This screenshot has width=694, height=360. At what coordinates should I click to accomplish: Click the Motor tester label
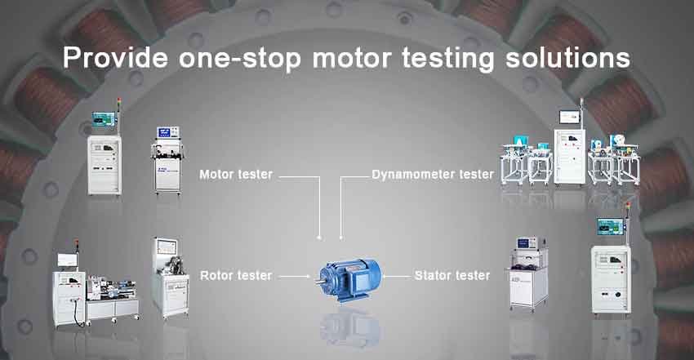click(x=236, y=174)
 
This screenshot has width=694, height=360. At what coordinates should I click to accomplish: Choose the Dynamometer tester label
click(x=432, y=174)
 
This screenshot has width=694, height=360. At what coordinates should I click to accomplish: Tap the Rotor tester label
click(x=236, y=276)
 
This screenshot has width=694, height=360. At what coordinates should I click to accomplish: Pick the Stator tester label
click(x=452, y=276)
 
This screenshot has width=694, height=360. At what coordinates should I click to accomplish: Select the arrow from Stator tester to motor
click(x=396, y=277)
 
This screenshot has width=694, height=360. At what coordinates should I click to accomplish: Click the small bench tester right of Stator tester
click(x=527, y=273)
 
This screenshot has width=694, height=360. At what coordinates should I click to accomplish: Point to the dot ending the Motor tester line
click(x=319, y=238)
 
